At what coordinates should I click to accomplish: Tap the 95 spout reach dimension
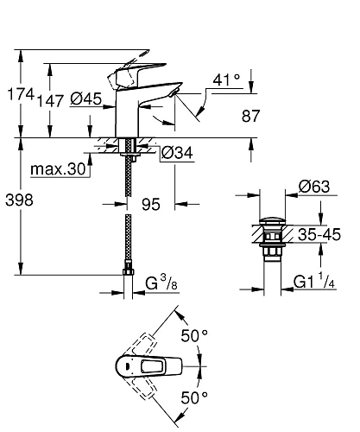151,204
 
